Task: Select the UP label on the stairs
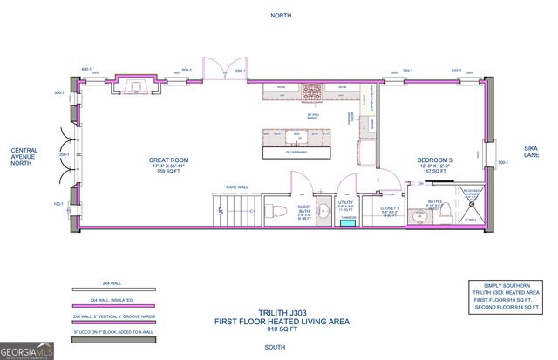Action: click(221, 210)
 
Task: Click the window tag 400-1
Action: click(86, 68)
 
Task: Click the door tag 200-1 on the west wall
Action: click(64, 154)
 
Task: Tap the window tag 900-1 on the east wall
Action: click(502, 162)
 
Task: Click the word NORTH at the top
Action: click(280, 15)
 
